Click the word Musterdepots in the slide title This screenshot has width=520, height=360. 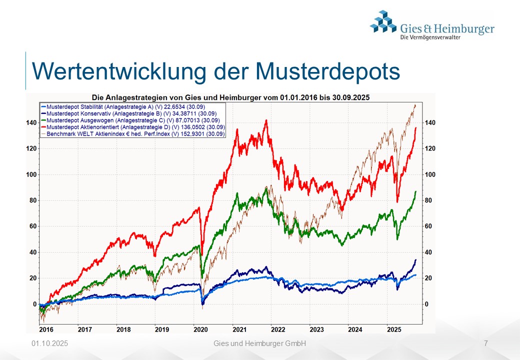pyautogui.click(x=327, y=71)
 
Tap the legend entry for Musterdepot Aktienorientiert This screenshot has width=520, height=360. pyautogui.click(x=133, y=127)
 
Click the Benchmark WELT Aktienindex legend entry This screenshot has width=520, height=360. pyautogui.click(x=134, y=133)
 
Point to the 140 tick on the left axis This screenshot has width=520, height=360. pyautogui.click(x=31, y=122)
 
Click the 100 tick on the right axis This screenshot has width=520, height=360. pyautogui.click(x=429, y=174)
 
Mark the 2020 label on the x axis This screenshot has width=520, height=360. pyautogui.click(x=200, y=329)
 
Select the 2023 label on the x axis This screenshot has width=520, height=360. pyautogui.click(x=316, y=329)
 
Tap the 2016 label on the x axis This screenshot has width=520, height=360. pyautogui.click(x=46, y=329)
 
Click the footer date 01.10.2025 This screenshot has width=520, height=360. pyautogui.click(x=49, y=343)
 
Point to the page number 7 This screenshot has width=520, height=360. pyautogui.click(x=486, y=343)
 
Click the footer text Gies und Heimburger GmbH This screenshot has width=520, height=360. pyautogui.click(x=259, y=343)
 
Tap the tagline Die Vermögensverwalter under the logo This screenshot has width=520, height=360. pyautogui.click(x=430, y=37)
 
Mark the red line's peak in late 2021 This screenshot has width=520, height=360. pyautogui.click(x=266, y=120)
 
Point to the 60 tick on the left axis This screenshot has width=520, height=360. pyautogui.click(x=33, y=226)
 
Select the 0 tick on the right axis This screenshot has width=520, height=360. pyautogui.click(x=426, y=304)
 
